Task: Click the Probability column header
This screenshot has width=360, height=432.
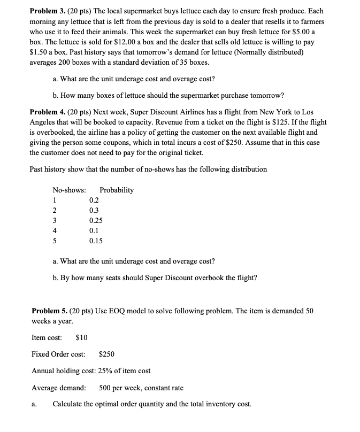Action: coord(117,190)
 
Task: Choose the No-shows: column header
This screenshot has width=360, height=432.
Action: coord(69,190)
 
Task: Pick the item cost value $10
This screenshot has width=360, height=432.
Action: coord(82,337)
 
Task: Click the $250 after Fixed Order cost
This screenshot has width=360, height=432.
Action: coord(106,354)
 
